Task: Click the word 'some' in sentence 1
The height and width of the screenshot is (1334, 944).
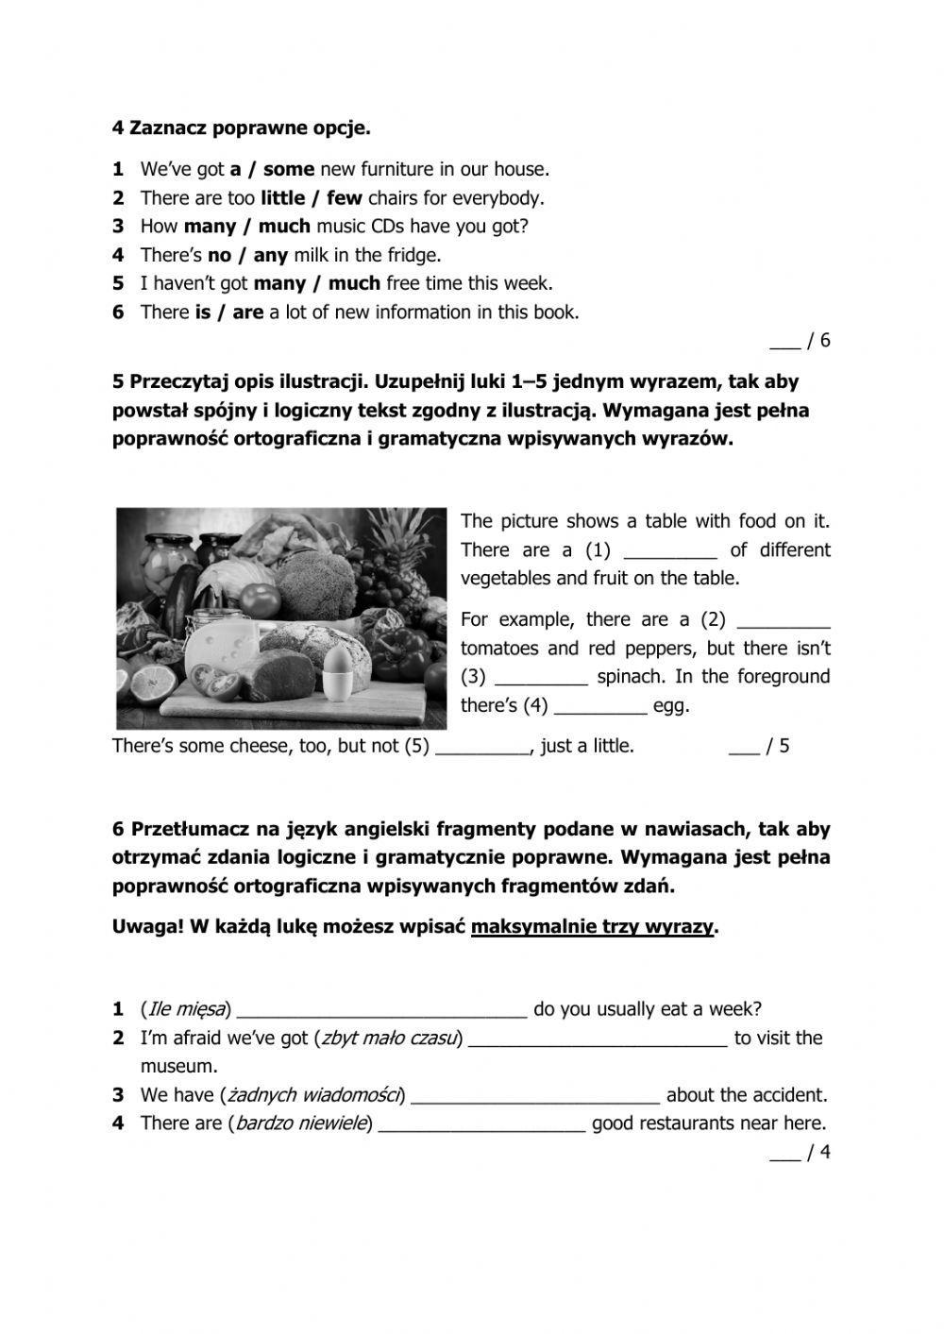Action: [288, 170]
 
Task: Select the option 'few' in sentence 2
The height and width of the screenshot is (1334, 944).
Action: [345, 198]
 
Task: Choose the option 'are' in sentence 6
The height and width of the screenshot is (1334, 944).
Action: [247, 312]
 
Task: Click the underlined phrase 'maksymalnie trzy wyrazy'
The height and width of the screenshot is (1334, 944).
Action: [592, 927]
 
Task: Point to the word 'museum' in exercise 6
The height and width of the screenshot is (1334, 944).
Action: [178, 1067]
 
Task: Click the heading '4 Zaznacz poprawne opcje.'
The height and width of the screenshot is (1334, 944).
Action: [241, 127]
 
